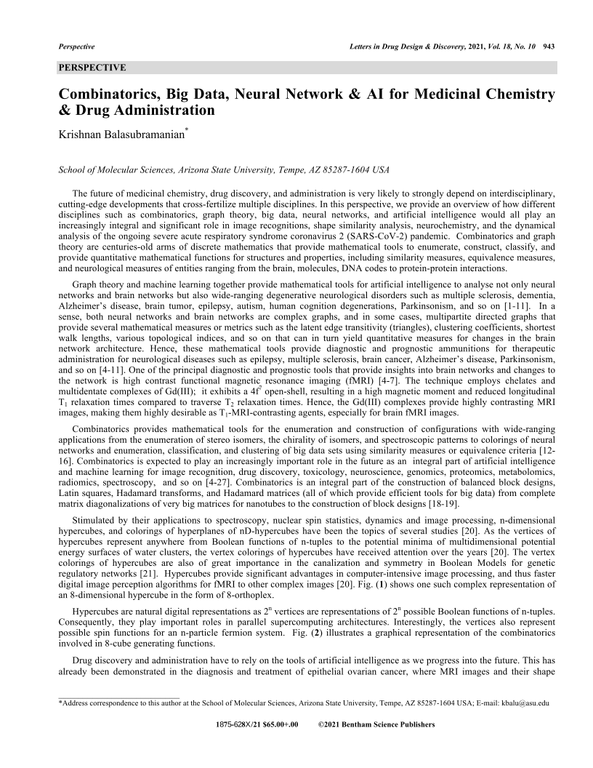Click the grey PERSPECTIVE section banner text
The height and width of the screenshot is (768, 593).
(92, 68)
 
